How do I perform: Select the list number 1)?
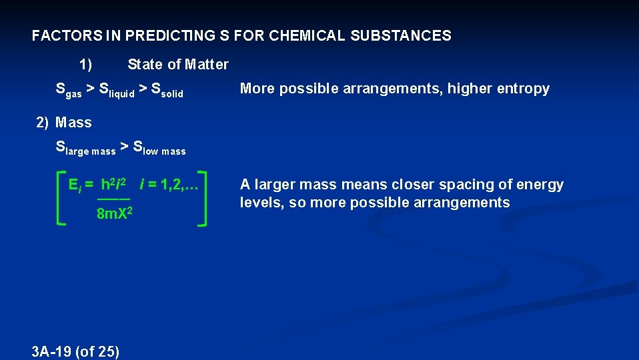tap(85, 65)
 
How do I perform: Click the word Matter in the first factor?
tap(207, 65)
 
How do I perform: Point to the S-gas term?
tap(69, 90)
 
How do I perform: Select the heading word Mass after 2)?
tap(73, 123)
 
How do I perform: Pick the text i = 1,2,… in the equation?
tap(169, 185)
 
